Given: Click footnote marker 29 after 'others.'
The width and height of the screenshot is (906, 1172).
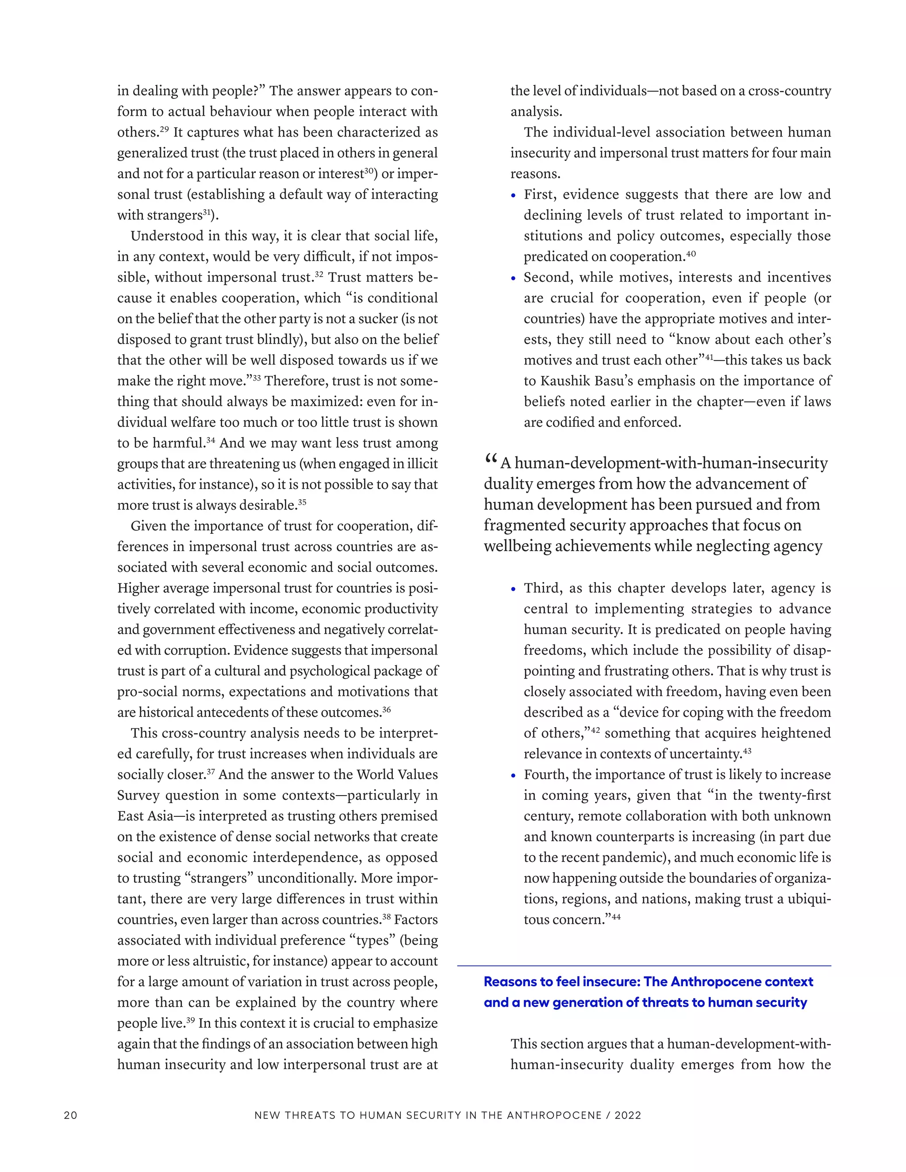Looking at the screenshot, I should tap(164, 129).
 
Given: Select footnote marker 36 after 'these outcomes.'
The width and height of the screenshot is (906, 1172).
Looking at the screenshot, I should tap(387, 709).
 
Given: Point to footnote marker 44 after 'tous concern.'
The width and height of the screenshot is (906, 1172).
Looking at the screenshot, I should tap(616, 916).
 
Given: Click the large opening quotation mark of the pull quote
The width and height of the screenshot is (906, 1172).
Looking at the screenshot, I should tap(491, 460).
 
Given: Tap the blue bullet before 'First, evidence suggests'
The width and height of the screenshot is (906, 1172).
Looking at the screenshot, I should tap(514, 196).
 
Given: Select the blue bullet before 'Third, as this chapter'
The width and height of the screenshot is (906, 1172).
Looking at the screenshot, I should tap(514, 589).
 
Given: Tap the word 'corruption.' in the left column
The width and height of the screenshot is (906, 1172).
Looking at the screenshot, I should tap(204, 651).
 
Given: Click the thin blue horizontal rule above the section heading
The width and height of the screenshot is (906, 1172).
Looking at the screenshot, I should tap(644, 966).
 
